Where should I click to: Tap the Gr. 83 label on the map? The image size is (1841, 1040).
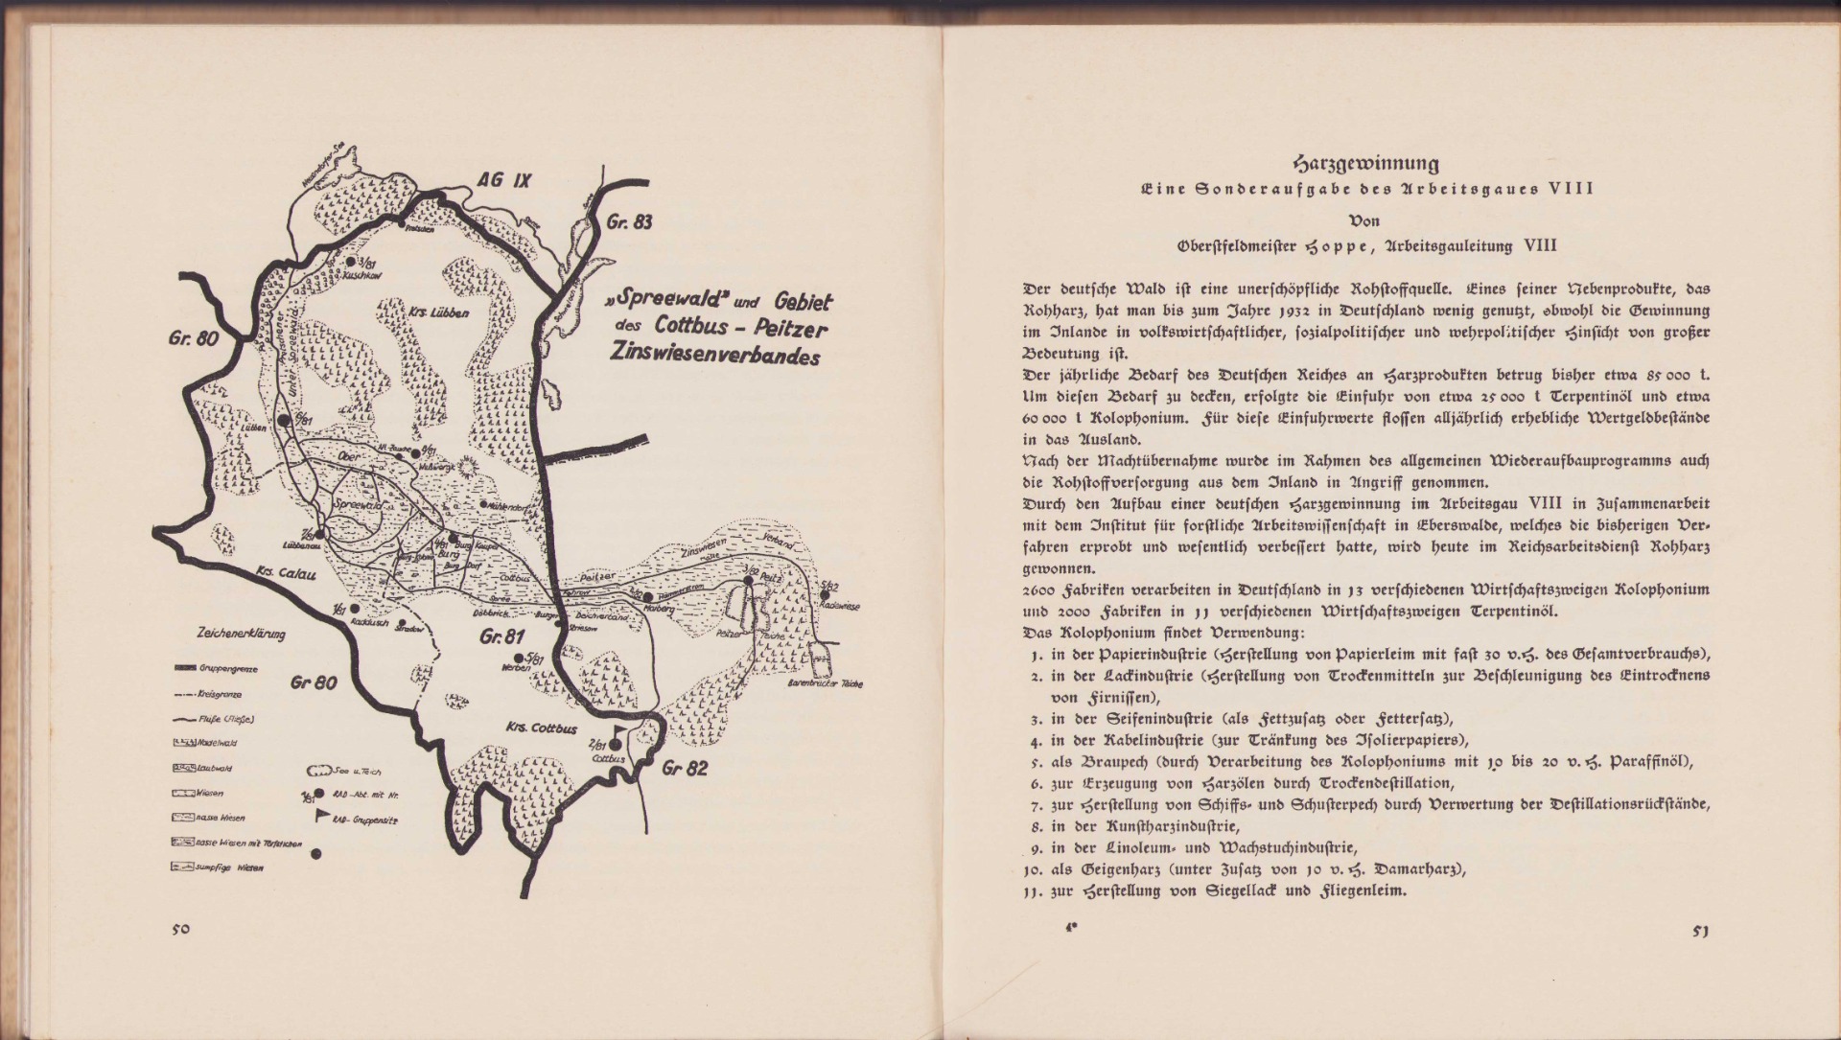pyautogui.click(x=629, y=222)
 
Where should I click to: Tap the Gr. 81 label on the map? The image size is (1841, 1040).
pyautogui.click(x=501, y=637)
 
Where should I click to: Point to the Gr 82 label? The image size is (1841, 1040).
pyautogui.click(x=684, y=768)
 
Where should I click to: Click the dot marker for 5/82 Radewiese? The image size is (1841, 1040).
pyautogui.click(x=825, y=594)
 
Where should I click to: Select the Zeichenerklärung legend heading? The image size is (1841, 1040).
pyautogui.click(x=233, y=635)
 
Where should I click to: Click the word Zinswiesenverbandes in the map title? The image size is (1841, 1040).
pyautogui.click(x=716, y=355)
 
